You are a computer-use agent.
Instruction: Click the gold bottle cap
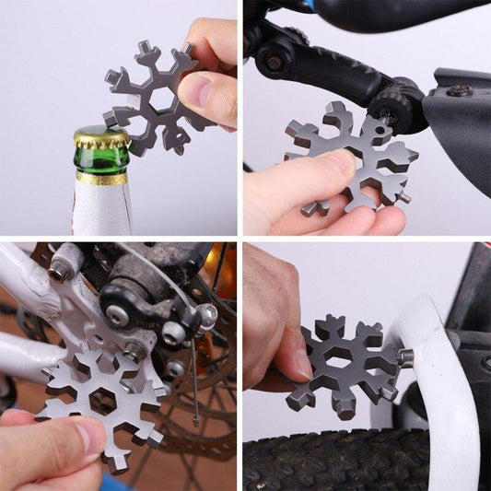[x=100, y=137]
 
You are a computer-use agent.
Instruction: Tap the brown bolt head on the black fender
[x=459, y=89]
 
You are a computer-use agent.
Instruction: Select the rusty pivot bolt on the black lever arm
[x=273, y=63]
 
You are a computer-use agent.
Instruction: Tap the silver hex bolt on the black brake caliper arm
[x=117, y=316]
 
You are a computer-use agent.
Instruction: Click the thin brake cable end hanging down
[x=194, y=396]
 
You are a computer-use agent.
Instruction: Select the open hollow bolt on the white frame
[x=60, y=270]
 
